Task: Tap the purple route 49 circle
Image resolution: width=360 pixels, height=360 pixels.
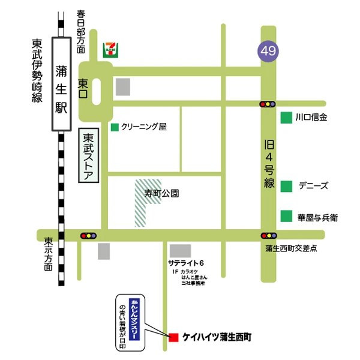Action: pos(268,50)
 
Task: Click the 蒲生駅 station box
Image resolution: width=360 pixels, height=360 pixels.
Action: pos(62,83)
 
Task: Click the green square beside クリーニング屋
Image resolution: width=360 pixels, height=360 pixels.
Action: pos(114,127)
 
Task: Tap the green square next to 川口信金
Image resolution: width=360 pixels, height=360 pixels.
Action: pos(286,118)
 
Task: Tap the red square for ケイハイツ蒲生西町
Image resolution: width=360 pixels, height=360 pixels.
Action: pos(173,337)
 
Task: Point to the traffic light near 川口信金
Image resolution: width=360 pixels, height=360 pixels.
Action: pos(268,104)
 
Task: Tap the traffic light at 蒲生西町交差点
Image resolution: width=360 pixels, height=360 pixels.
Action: pos(268,236)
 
